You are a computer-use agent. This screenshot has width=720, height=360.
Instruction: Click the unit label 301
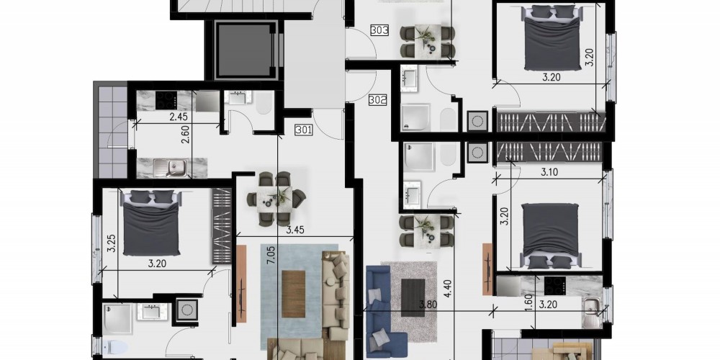[305, 130]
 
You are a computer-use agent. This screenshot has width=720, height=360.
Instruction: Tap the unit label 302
[377, 99]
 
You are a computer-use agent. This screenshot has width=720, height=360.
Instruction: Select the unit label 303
[379, 31]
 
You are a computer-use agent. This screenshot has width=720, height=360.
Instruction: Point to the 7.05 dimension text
[271, 254]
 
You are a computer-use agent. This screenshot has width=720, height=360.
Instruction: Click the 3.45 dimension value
[296, 230]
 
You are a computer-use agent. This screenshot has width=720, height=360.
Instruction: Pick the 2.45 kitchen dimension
[178, 117]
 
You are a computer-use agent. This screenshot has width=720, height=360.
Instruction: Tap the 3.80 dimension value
[428, 304]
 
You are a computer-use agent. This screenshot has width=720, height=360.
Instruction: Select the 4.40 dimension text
[448, 289]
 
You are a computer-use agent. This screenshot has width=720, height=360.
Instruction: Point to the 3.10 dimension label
[549, 173]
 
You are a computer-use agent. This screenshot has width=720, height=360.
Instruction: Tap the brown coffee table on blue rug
[294, 294]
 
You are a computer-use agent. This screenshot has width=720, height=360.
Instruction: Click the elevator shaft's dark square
[245, 50]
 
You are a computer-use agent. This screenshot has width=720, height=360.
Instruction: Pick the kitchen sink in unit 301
[171, 167]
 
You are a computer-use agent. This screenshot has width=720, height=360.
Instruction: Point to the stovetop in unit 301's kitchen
[166, 100]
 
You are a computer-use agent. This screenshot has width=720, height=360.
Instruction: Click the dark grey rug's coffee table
[413, 298]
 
